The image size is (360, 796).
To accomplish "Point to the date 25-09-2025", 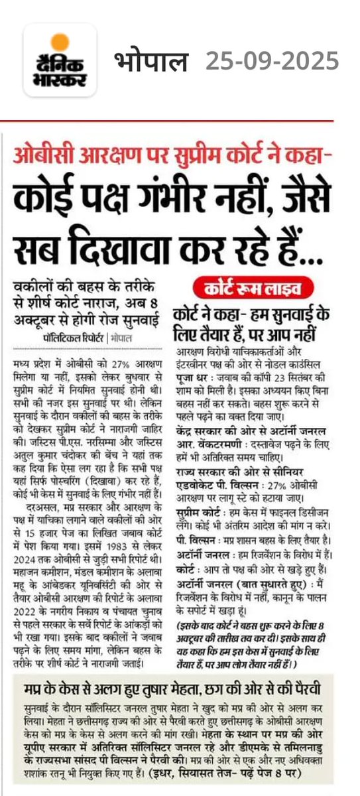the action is click(272, 62).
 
